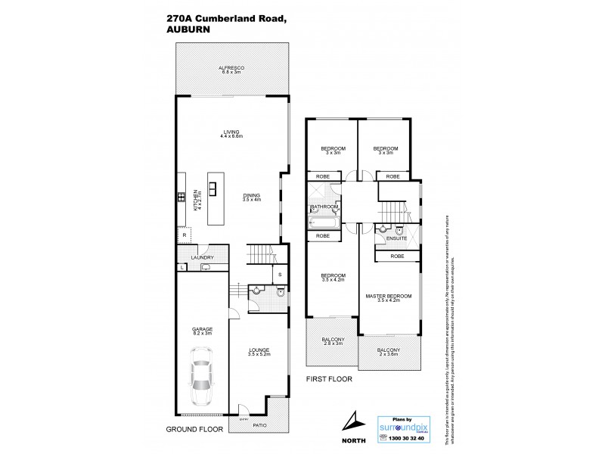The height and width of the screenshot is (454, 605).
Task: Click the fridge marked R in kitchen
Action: tap(182, 235)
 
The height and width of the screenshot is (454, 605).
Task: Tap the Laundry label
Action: tap(202, 257)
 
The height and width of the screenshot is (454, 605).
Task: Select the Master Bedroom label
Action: tap(388, 297)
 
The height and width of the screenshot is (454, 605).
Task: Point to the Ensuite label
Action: tap(397, 238)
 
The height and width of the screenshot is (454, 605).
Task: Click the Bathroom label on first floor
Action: tap(323, 206)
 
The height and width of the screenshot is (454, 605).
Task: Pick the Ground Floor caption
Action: tap(193, 429)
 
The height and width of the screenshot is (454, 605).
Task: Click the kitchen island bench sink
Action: tap(212, 189)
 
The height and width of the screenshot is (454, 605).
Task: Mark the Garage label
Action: tap(202, 331)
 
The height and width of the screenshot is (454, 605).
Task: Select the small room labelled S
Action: tap(279, 274)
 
